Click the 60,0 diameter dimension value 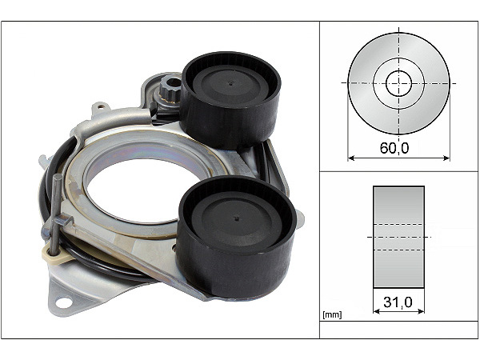click(x=394, y=148)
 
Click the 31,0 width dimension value click(x=398, y=302)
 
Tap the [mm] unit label click(x=332, y=314)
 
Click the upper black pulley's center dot click(x=231, y=83)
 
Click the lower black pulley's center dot click(x=236, y=218)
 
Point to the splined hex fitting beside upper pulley click(x=169, y=89)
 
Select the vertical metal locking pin click(x=56, y=214)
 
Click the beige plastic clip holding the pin click(x=57, y=254)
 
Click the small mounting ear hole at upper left click(x=101, y=106)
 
